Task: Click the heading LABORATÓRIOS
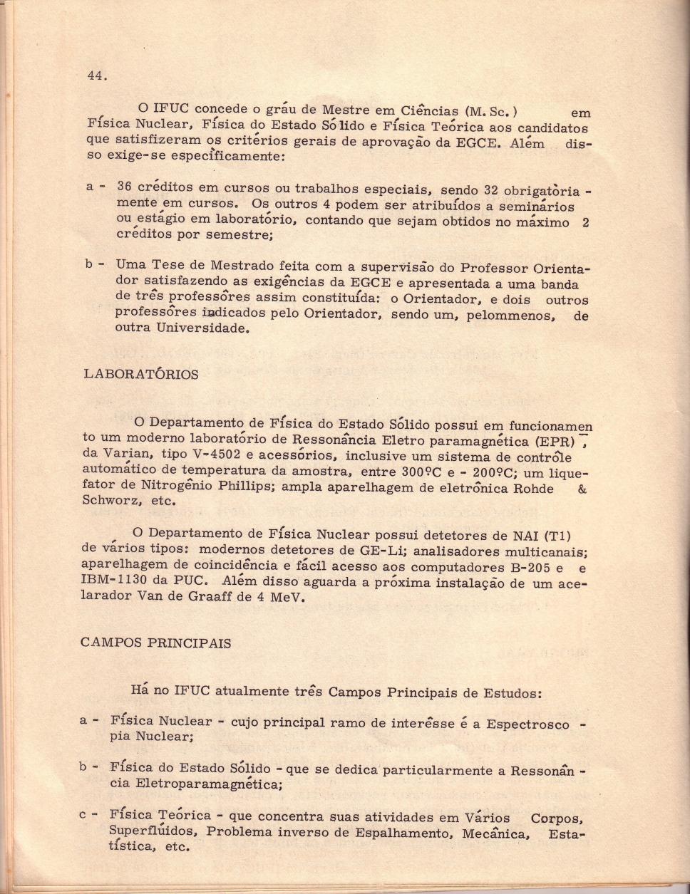coord(140,375)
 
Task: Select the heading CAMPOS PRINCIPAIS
coord(155,643)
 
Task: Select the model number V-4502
coord(207,456)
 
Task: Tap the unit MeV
coord(287,598)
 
